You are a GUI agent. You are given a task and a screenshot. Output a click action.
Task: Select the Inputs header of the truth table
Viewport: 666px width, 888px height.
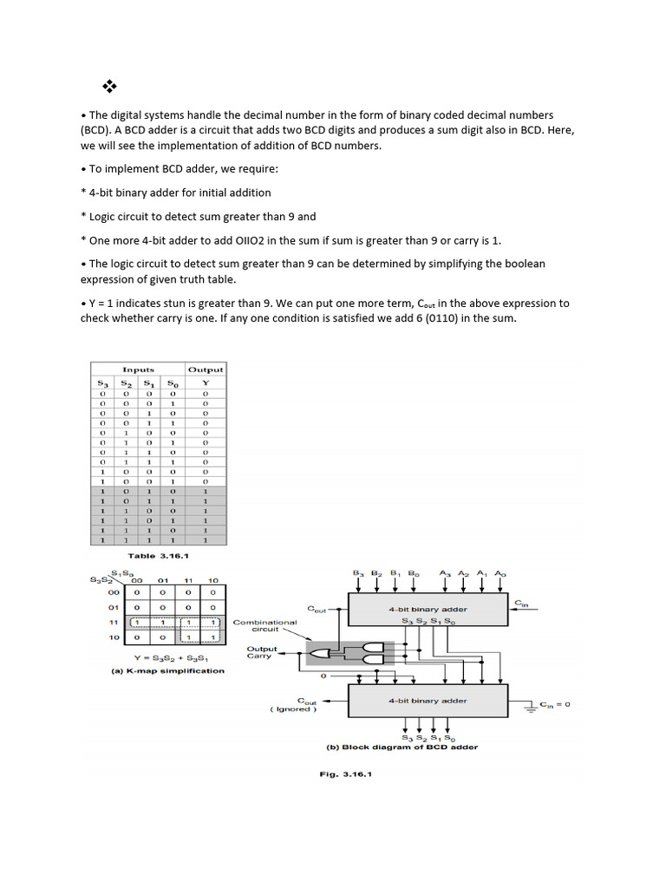(x=138, y=369)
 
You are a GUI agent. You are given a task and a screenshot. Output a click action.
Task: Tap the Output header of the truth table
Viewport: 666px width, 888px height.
(x=206, y=369)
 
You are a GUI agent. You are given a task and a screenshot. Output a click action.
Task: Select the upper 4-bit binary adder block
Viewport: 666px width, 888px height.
(x=428, y=610)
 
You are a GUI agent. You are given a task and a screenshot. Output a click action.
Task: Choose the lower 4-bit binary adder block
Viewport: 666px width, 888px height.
(x=428, y=701)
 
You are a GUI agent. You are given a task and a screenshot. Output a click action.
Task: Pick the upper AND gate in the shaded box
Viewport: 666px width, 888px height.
(x=372, y=648)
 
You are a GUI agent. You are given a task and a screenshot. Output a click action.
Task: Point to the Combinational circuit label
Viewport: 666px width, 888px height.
(x=265, y=626)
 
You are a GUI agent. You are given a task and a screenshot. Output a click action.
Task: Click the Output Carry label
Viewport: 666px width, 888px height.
(x=262, y=652)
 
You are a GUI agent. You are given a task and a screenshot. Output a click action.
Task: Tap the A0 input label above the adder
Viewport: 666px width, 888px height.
(x=499, y=573)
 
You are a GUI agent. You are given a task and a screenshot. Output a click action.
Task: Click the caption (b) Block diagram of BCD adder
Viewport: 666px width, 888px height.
(x=402, y=747)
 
